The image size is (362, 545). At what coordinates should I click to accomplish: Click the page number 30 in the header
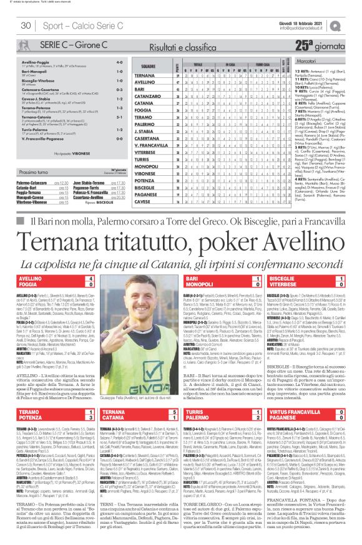pyautogui.click(x=26, y=25)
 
